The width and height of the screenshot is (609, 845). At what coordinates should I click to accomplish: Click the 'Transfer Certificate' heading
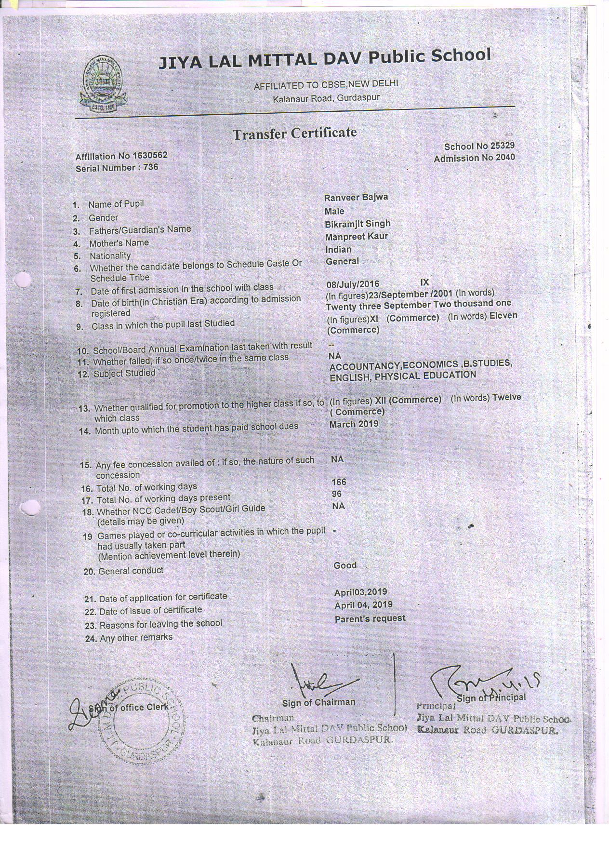coord(294,134)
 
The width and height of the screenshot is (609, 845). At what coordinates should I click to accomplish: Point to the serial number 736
coord(151,168)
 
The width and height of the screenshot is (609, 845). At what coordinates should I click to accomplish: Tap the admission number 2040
coord(503,158)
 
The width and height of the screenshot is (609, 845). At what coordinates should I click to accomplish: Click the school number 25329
coord(503,146)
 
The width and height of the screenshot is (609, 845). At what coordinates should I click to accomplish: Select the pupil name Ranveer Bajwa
coord(356,197)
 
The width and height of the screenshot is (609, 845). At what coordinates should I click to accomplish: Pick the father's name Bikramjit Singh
coord(357,224)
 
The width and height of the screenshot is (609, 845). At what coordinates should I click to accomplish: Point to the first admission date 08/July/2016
coord(353,284)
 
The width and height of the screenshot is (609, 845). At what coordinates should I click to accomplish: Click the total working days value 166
coord(339,482)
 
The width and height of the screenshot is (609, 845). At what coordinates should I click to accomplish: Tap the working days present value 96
coord(337,494)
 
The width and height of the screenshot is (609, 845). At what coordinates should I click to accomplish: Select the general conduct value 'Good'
coord(345,565)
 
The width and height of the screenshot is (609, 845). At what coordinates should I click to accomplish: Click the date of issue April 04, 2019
coord(363,605)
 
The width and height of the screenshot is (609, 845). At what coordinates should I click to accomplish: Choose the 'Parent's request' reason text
coord(370,618)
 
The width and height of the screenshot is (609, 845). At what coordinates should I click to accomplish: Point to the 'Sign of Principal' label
coord(491,697)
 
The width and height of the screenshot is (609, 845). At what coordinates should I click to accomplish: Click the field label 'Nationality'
coord(110,256)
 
